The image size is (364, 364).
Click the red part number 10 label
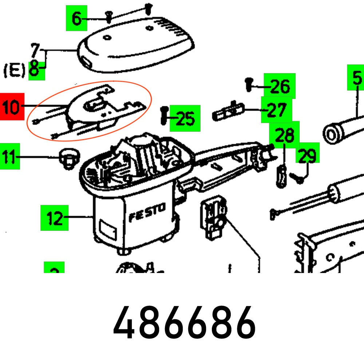12,106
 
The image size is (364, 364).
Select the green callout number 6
76,18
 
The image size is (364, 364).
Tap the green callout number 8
35,70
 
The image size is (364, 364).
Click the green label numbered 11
10,157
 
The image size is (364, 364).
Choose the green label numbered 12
54,218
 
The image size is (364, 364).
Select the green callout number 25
185,118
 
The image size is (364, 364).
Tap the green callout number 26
280,86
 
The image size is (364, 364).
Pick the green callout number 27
276,110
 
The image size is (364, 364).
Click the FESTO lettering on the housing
147,213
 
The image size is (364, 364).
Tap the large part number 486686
184,323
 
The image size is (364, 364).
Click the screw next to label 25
164,115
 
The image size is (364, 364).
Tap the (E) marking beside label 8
15,70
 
